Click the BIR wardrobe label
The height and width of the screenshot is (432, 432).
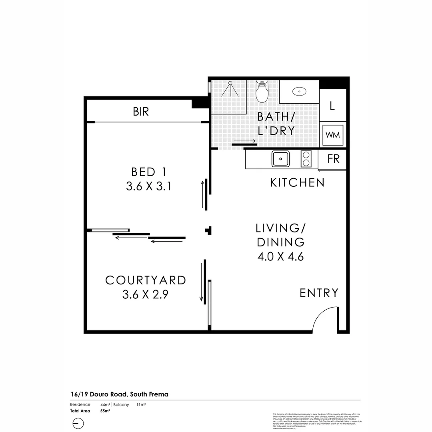(141, 112)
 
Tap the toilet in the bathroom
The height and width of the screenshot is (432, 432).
(262, 92)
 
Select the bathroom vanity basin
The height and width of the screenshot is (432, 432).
(299, 92)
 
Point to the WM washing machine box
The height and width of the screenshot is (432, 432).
(333, 135)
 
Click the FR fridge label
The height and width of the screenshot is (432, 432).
(333, 159)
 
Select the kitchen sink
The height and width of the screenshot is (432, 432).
(281, 159)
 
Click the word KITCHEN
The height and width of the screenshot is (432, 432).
(297, 183)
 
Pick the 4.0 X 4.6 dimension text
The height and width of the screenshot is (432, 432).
(281, 256)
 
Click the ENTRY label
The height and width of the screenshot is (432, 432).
(319, 293)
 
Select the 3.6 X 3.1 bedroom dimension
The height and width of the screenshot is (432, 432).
(148, 186)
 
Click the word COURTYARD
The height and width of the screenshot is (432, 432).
(146, 280)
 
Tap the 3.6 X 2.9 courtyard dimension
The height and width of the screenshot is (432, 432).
(146, 295)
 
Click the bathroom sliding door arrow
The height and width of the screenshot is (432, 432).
(244, 141)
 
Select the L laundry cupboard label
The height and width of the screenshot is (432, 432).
(332, 106)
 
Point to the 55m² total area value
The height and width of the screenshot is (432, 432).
(105, 411)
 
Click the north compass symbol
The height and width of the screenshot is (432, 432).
(78, 423)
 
